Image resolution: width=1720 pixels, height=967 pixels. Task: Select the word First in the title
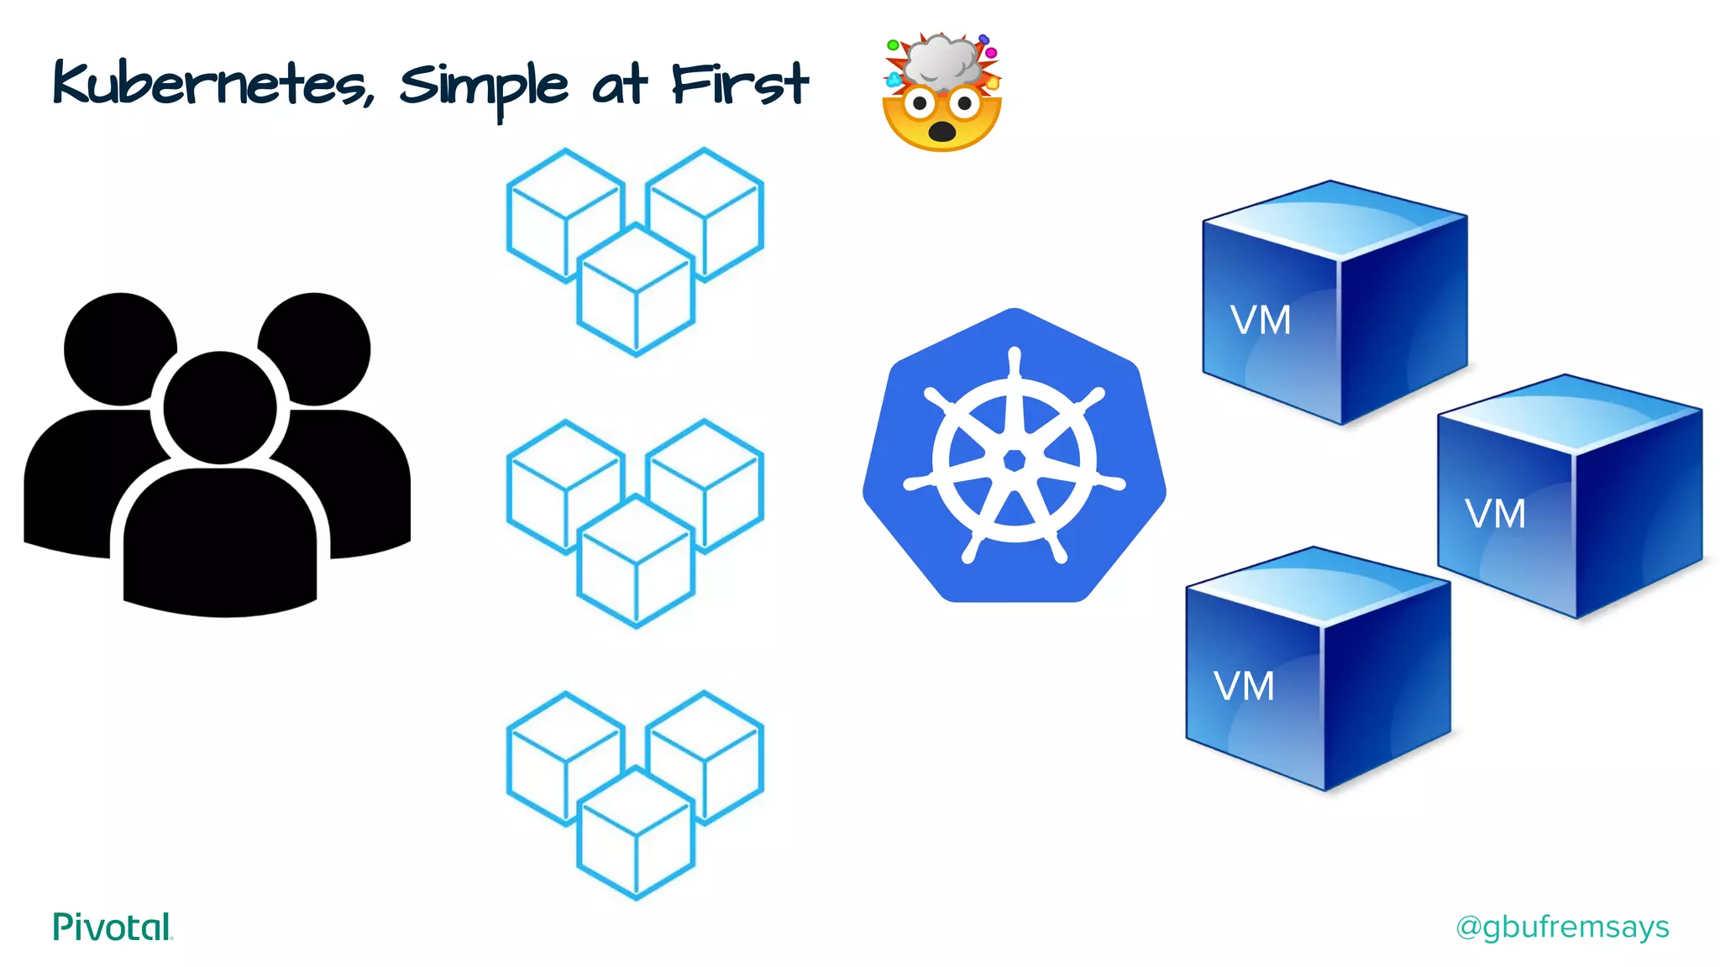pyautogui.click(x=739, y=84)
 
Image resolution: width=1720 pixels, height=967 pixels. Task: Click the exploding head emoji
pyautogui.click(x=941, y=93)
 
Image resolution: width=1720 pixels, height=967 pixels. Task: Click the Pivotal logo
pyautogui.click(x=113, y=927)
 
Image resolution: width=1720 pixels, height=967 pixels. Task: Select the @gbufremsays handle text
pyautogui.click(x=1562, y=927)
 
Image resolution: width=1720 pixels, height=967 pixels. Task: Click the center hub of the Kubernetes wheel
pyautogui.click(x=1015, y=460)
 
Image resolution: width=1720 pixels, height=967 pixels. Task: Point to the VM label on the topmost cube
pyautogui.click(x=1260, y=321)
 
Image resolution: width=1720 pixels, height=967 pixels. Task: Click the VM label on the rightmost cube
pyautogui.click(x=1495, y=514)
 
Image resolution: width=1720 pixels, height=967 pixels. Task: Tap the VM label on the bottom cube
pyautogui.click(x=1244, y=687)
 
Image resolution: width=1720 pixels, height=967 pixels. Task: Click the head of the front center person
pyautogui.click(x=220, y=408)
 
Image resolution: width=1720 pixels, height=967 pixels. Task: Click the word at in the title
pyautogui.click(x=620, y=86)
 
